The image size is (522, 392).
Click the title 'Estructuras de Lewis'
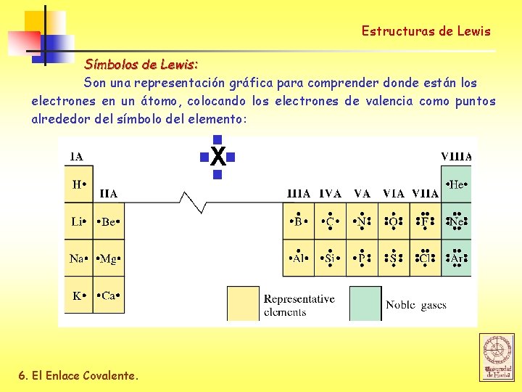pyautogui.click(x=426, y=31)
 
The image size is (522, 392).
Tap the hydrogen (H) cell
pyautogui.click(x=79, y=185)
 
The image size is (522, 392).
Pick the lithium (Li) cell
pyautogui.click(x=79, y=221)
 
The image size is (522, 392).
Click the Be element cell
pyautogui.click(x=108, y=221)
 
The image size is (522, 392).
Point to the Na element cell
pyautogui.click(x=79, y=258)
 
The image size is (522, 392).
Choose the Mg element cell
pyautogui.click(x=108, y=258)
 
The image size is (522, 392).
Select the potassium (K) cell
pyautogui.click(x=79, y=295)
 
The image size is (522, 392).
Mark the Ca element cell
pyautogui.click(x=108, y=295)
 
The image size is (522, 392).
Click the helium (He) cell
pyautogui.click(x=456, y=184)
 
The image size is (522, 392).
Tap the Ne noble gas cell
pyautogui.click(x=456, y=221)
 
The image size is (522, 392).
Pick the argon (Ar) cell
pyautogui.click(x=456, y=258)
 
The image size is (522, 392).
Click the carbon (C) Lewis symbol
pyautogui.click(x=330, y=221)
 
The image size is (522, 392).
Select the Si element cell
pyautogui.click(x=330, y=258)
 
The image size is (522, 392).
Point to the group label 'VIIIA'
pyautogui.click(x=456, y=156)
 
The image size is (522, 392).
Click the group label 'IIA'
pyautogui.click(x=108, y=194)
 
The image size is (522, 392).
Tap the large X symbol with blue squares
pyautogui.click(x=217, y=156)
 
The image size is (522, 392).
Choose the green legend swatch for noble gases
pyautogui.click(x=365, y=303)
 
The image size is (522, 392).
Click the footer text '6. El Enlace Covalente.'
pyautogui.click(x=78, y=375)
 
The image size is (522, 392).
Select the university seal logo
pyautogui.click(x=496, y=356)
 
